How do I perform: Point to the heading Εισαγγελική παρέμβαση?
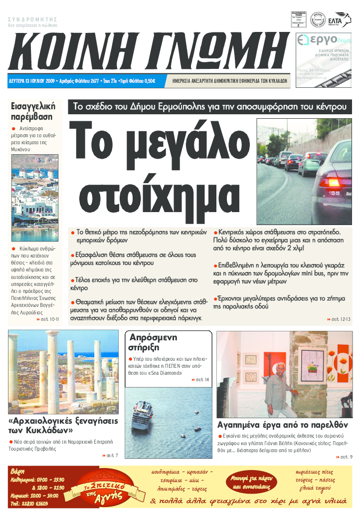33,111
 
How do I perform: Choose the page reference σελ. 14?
201,380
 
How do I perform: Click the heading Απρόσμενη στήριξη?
153,342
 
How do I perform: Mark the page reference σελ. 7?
112,455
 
